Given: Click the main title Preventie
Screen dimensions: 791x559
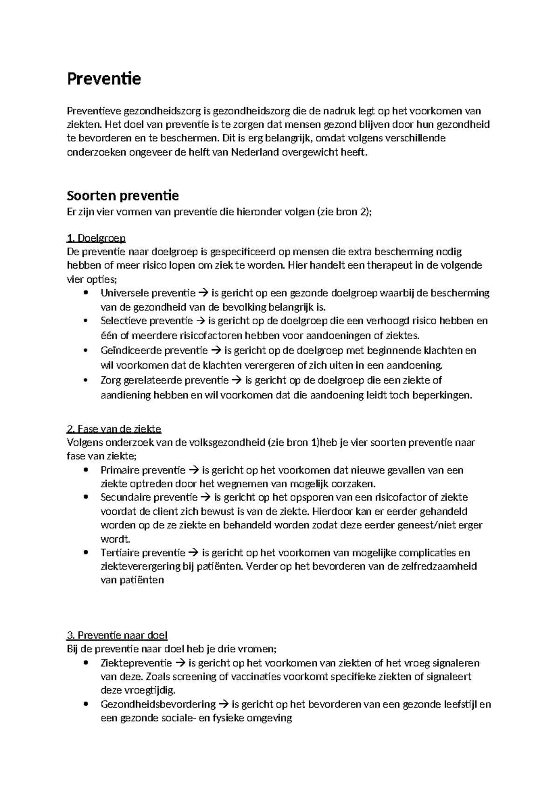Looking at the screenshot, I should click(x=104, y=79).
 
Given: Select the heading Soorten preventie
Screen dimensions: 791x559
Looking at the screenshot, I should click(x=123, y=195).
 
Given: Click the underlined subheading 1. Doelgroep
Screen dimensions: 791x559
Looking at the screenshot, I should click(x=96, y=238).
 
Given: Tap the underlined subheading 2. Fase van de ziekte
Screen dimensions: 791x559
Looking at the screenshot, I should click(x=114, y=429).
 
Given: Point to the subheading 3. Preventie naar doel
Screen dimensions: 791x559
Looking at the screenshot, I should click(x=117, y=635).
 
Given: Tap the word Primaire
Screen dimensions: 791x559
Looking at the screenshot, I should click(x=119, y=470).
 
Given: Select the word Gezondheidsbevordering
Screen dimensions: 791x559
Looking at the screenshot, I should click(x=158, y=704).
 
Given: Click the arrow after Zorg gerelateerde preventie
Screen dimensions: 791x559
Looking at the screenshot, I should click(x=237, y=380).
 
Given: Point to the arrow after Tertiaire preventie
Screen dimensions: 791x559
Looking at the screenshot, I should click(x=193, y=553).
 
